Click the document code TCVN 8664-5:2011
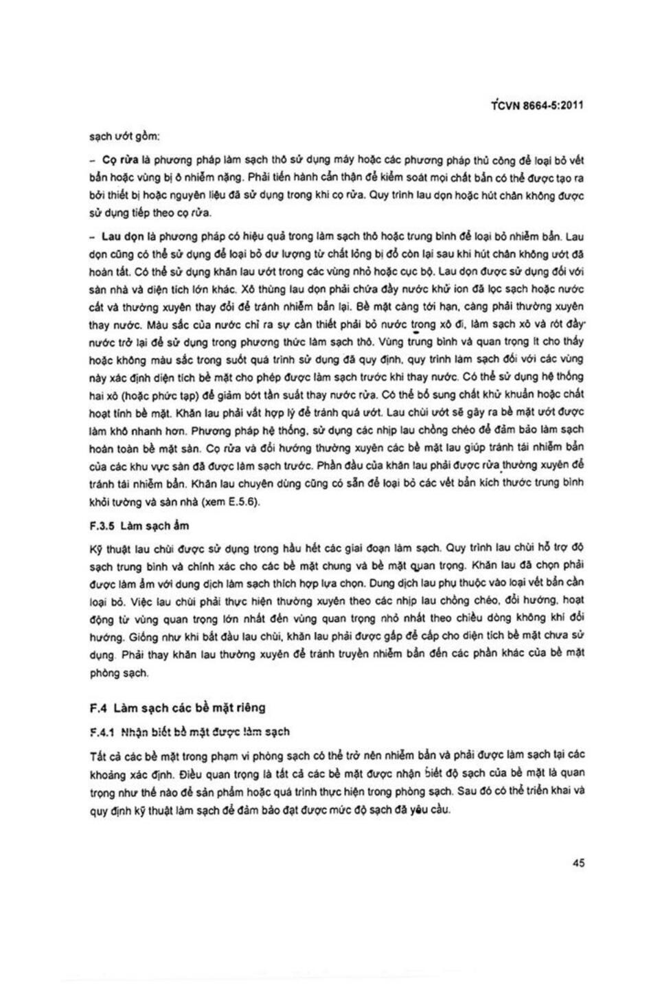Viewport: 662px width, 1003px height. click(538, 106)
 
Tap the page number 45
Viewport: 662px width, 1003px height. click(578, 863)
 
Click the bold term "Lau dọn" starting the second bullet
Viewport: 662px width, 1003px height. click(122, 236)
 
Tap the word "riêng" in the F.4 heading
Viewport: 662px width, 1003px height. click(249, 707)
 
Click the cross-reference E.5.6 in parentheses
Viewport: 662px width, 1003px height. click(244, 502)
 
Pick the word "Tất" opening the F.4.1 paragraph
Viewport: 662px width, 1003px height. click(98, 755)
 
